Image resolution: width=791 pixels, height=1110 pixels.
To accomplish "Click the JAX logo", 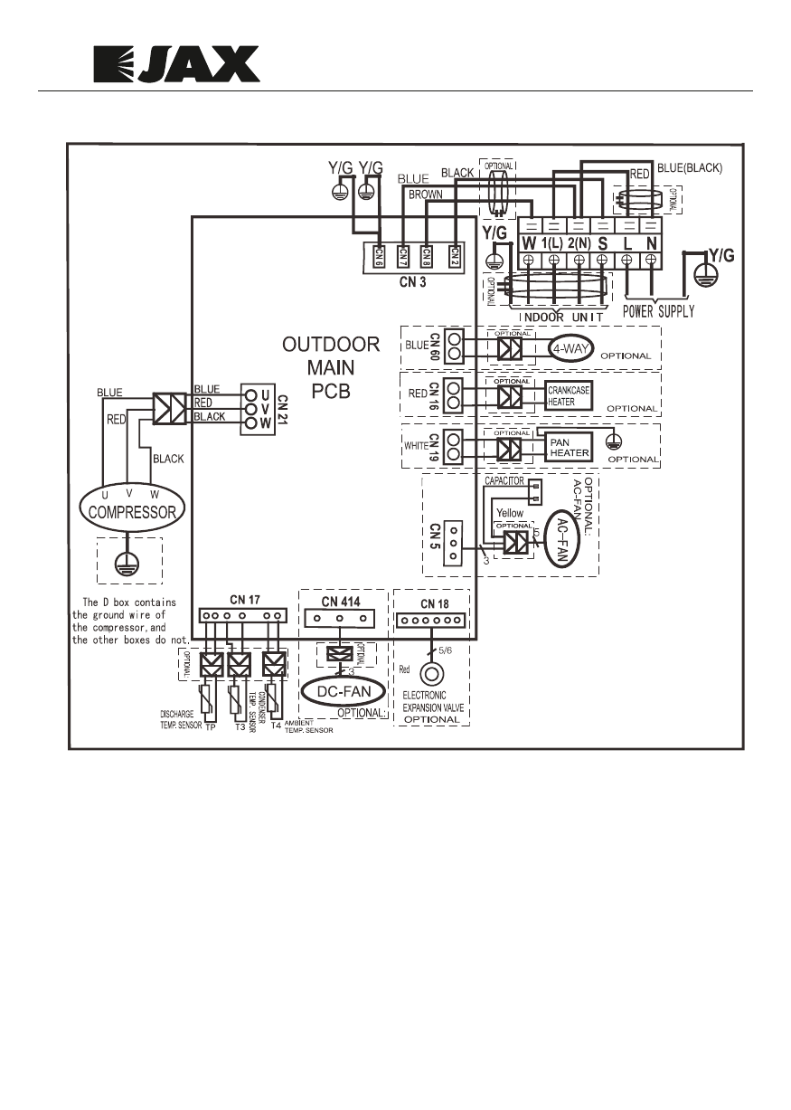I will tap(177, 65).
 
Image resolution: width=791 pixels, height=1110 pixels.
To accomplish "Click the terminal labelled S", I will tap(602, 244).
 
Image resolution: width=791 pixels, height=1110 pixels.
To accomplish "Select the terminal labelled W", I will tap(528, 244).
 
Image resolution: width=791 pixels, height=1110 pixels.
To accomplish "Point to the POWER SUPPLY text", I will tap(658, 311).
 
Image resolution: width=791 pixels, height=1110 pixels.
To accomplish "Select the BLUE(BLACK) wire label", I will tap(688, 168).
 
